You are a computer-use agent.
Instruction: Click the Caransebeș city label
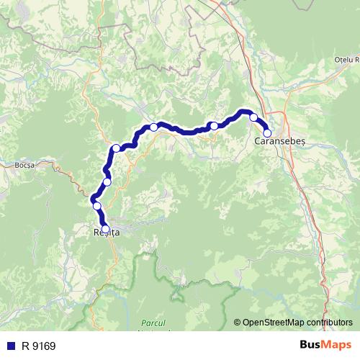point(280,142)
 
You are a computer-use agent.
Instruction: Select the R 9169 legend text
point(38,346)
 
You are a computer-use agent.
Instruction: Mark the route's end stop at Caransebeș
point(266,132)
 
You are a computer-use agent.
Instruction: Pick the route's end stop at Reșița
point(105,229)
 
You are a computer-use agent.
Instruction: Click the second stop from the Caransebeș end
point(253,117)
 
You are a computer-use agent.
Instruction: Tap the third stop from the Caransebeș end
point(214,126)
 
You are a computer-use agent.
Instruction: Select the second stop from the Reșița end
point(97,206)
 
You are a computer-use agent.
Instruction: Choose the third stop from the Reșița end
point(107,181)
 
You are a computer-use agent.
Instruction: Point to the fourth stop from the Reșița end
point(116,148)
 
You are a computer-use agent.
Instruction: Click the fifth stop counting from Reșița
point(153,127)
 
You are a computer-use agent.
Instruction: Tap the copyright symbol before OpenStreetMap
point(237,323)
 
